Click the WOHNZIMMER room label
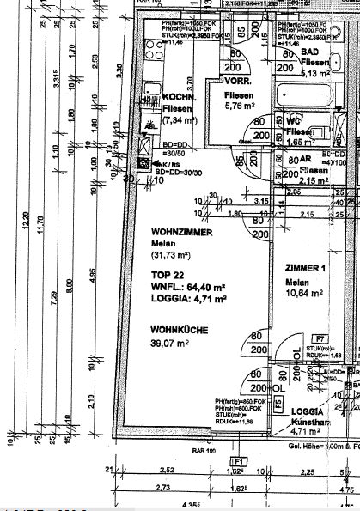[179, 233]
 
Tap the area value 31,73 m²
[174, 256]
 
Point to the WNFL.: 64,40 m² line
[188, 287]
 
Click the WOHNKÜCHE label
[177, 329]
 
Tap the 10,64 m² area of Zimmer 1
[305, 293]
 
